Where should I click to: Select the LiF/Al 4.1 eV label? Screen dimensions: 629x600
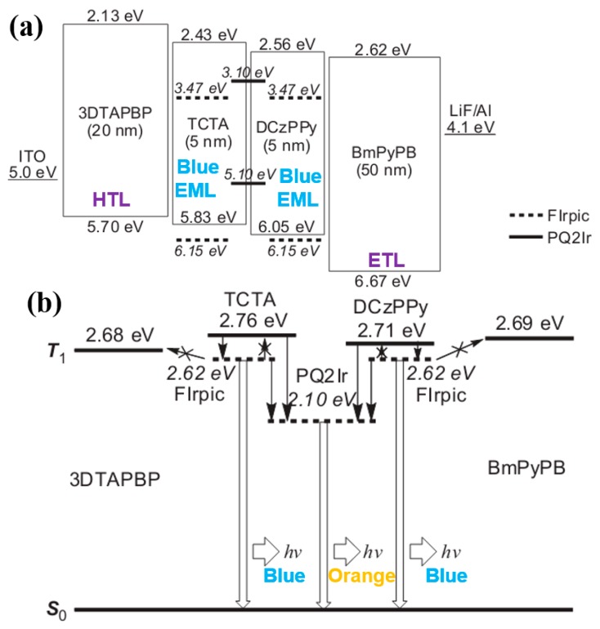472,118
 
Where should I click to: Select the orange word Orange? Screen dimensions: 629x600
361,575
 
